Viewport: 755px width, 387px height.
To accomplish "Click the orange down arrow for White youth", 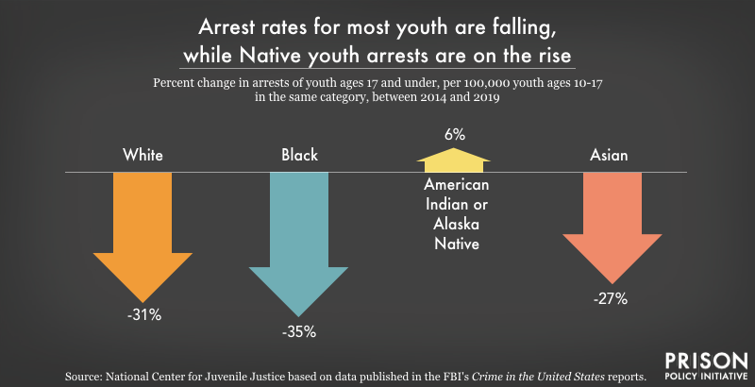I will pos(143,236).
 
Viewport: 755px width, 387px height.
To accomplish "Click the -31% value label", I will pos(143,315).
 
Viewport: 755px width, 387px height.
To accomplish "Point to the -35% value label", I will pos(298,331).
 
